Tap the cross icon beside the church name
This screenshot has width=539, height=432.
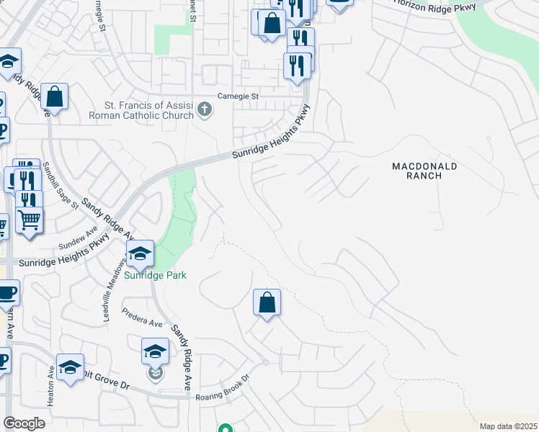(205, 109)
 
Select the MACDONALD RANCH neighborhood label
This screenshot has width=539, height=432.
(424, 171)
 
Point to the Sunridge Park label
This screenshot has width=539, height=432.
(155, 275)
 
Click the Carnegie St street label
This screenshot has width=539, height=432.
(238, 96)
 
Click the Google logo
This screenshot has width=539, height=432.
(24, 423)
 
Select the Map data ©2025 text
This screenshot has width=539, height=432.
(508, 426)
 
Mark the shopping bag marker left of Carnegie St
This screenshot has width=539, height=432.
(54, 96)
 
